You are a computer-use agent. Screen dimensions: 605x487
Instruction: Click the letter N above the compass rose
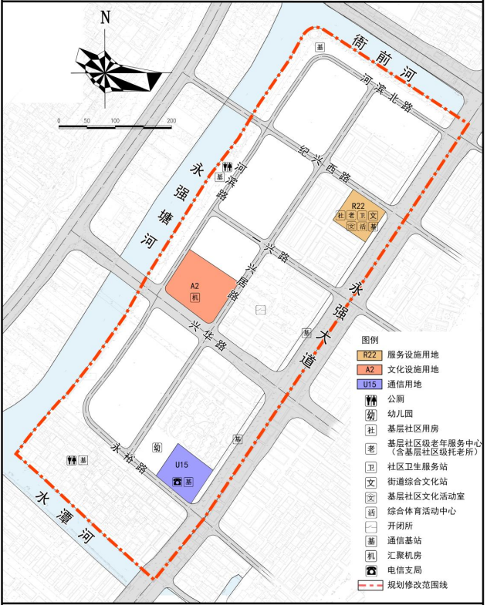[106, 18]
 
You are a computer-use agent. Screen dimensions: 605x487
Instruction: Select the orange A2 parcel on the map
[199, 282]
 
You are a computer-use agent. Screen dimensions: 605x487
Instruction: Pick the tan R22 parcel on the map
[357, 213]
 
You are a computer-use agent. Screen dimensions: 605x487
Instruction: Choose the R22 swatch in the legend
[370, 355]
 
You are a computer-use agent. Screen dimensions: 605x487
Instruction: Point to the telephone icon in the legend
[370, 570]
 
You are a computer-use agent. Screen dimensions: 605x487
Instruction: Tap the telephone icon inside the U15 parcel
[177, 482]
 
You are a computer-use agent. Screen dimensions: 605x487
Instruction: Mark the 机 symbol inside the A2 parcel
[196, 297]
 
